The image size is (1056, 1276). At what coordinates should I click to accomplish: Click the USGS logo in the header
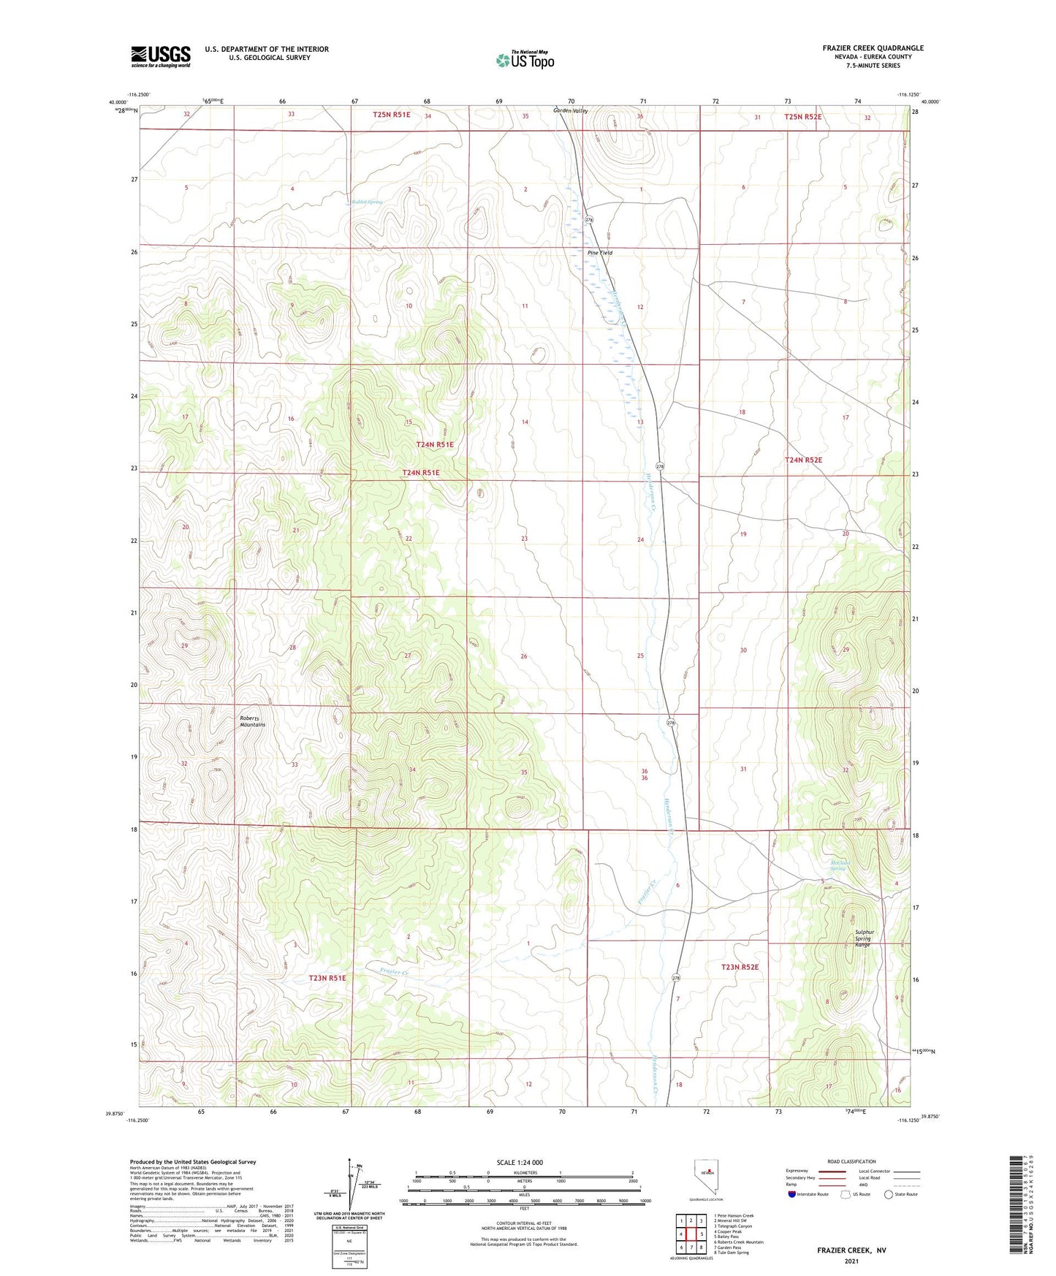[160, 56]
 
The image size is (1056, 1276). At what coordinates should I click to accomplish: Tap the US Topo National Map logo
[525, 59]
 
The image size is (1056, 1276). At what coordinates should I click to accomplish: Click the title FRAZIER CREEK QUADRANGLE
[873, 48]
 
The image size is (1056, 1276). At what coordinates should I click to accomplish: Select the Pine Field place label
[600, 253]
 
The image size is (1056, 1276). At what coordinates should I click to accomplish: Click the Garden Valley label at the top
[570, 111]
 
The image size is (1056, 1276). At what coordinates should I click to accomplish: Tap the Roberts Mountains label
[252, 721]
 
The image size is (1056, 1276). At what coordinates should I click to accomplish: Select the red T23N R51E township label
[327, 978]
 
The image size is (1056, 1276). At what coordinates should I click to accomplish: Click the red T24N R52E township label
[803, 460]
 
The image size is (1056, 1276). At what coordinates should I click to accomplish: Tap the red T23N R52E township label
[740, 967]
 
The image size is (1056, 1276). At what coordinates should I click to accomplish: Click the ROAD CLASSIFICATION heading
[851, 1161]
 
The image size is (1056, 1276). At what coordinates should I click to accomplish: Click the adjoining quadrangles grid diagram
[691, 1232]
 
